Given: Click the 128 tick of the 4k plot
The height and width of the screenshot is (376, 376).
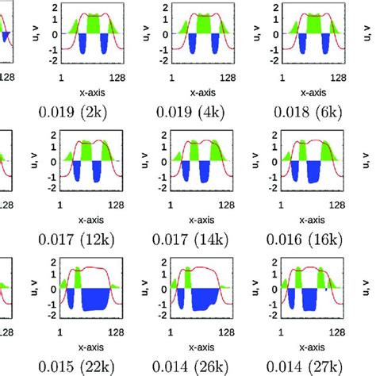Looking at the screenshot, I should (x=226, y=77).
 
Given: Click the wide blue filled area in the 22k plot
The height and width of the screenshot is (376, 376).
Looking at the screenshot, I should (x=99, y=298).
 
